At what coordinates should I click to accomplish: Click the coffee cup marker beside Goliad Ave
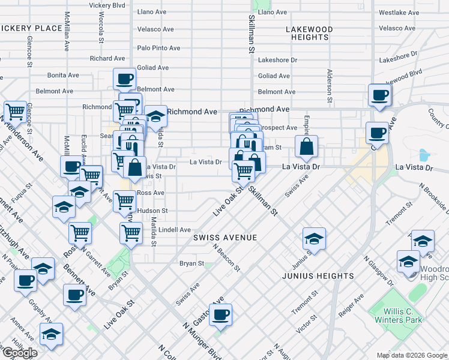click(124, 79)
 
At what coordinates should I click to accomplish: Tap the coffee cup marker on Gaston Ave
click(220, 314)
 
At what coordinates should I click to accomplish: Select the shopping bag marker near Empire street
click(306, 145)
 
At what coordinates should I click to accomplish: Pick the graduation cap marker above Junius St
click(313, 238)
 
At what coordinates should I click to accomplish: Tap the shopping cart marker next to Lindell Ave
click(131, 232)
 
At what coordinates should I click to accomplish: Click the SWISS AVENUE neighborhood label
click(225, 238)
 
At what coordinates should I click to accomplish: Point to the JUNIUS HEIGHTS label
click(318, 276)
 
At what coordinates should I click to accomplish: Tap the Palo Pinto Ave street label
click(158, 48)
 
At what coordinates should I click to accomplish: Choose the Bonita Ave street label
click(64, 75)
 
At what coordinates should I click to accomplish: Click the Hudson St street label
click(152, 211)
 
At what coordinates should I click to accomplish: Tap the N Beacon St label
click(226, 257)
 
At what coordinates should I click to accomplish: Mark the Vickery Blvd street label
click(107, 5)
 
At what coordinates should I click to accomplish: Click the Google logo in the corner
click(20, 353)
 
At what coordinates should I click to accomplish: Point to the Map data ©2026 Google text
click(412, 355)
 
